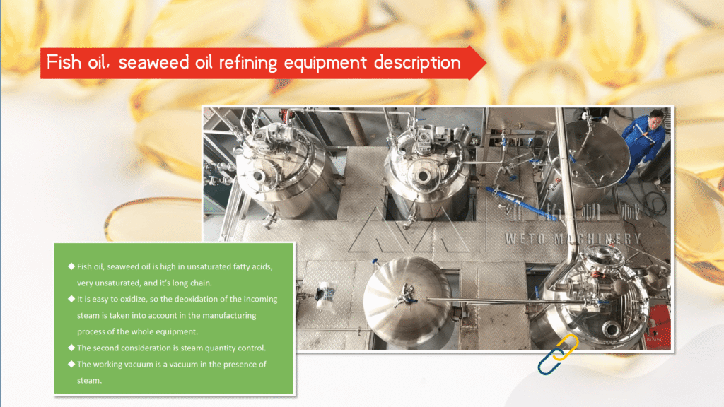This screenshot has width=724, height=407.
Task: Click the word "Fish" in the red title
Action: click(64, 62)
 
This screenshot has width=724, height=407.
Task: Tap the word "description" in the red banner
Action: click(417, 63)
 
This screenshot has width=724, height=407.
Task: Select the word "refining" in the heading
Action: click(248, 63)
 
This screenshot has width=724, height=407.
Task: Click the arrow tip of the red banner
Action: click(486, 62)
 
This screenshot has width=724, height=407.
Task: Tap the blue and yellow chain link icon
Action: click(558, 354)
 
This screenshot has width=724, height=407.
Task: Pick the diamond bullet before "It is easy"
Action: click(71, 299)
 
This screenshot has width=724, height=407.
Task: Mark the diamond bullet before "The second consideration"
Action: click(71, 348)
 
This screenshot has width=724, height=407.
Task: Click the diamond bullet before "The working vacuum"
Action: click(71, 364)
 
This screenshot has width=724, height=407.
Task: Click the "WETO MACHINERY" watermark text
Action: click(573, 239)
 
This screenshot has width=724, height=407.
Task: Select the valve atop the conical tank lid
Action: click(405, 295)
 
